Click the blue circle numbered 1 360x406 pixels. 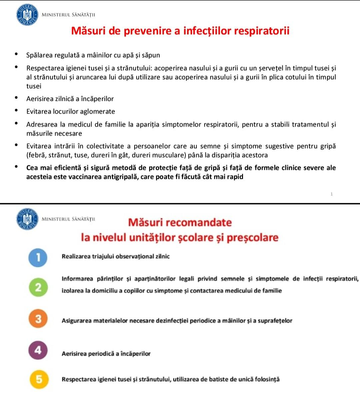[38, 257]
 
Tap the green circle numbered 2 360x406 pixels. [38, 287]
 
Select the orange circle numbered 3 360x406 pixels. [38, 319]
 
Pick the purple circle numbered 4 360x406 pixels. [38, 350]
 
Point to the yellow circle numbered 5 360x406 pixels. [39, 379]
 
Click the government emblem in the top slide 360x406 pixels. [27, 15]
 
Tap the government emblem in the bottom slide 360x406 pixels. [27, 219]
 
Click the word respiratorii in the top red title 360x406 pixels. [262, 31]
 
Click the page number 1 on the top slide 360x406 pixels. [332, 194]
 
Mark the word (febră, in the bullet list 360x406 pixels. [37, 155]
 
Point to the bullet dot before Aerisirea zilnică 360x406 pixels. [16, 98]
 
